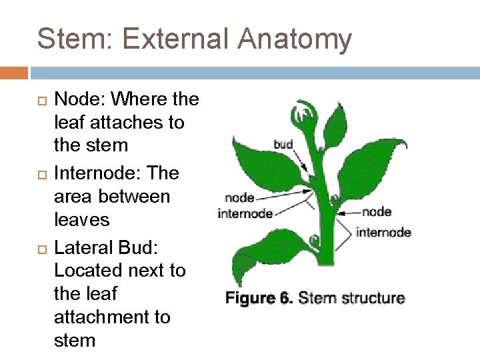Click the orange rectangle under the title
click(x=14, y=73)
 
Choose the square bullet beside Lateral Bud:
click(x=39, y=248)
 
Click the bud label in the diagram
click(x=283, y=144)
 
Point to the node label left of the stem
click(x=239, y=197)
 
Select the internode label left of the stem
click(x=245, y=213)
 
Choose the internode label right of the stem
click(x=383, y=232)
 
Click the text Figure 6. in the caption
click(x=259, y=297)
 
